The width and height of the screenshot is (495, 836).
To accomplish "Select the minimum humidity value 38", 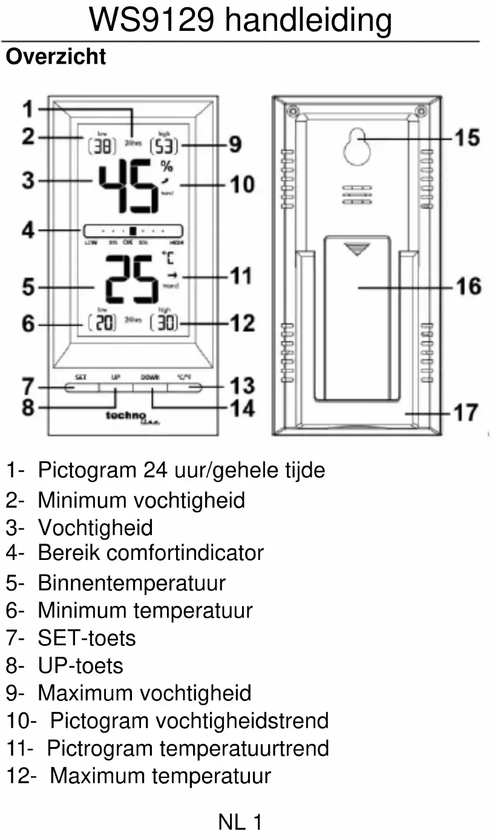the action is point(102,146).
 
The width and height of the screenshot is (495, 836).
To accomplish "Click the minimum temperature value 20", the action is point(103,323).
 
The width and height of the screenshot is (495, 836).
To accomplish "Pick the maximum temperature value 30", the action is point(164,323).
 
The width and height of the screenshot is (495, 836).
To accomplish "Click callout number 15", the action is point(467,137).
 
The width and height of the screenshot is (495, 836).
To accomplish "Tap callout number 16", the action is point(468,286).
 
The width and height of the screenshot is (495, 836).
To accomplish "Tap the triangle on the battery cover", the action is point(357,249).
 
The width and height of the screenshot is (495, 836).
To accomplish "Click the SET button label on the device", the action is point(80,377).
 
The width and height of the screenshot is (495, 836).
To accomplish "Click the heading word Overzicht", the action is point(56,57).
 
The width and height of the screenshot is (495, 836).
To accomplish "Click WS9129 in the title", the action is point(151,21).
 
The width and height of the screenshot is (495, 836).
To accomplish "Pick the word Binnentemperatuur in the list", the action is point(131,583).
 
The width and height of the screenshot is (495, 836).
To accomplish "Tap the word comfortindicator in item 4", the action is point(185,553).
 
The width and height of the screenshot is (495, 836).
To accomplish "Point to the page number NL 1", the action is point(240,822).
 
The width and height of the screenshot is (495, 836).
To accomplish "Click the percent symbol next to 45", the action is point(166,166).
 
